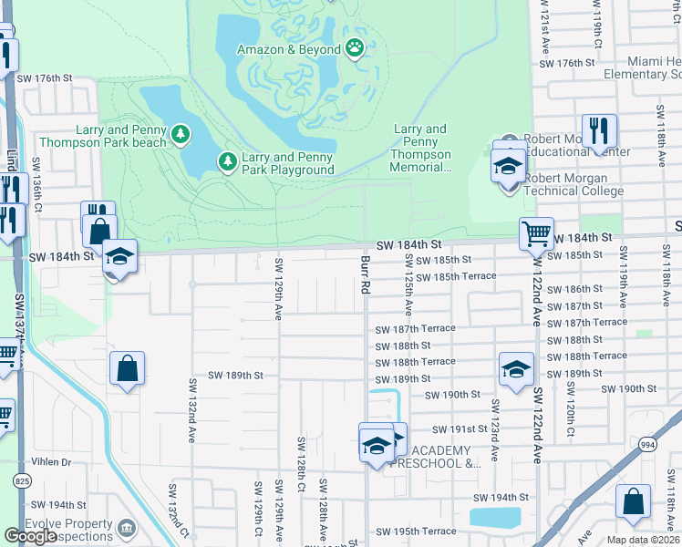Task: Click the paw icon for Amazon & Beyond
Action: click(x=354, y=48)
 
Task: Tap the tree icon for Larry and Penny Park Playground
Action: click(x=228, y=162)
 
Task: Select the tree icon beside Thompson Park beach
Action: click(x=181, y=135)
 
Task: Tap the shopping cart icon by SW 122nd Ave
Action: click(x=537, y=233)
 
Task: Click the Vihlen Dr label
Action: click(x=51, y=462)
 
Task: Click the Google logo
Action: click(x=31, y=536)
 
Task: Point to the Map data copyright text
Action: click(x=643, y=540)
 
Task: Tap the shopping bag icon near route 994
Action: click(x=633, y=501)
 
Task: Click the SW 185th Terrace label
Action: click(x=457, y=275)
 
